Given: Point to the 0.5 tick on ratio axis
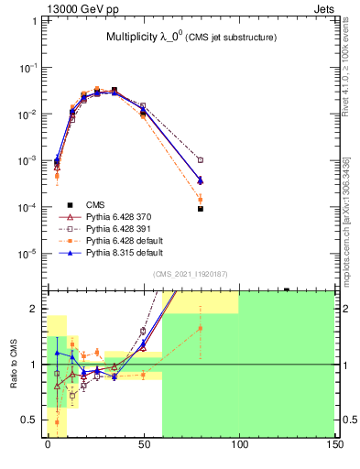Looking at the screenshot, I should coord(31,420).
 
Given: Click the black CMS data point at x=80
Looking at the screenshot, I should coord(200,209).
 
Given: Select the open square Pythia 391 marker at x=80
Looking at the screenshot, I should coord(200,160).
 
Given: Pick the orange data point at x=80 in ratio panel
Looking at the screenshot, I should coord(200,328).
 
